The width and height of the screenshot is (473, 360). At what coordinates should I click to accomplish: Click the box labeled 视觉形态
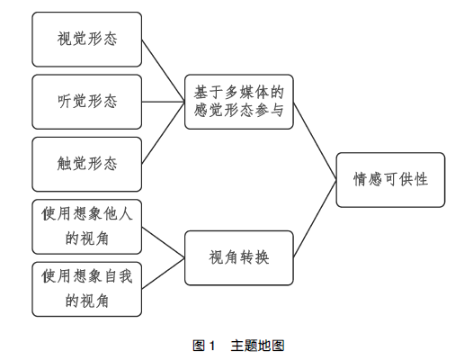click(87, 40)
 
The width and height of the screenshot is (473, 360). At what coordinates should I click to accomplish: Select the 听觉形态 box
click(87, 102)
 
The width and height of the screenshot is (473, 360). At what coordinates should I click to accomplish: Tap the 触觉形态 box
click(87, 165)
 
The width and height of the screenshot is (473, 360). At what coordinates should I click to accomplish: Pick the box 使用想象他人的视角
click(87, 227)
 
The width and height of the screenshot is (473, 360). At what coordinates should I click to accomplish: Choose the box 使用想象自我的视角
click(87, 289)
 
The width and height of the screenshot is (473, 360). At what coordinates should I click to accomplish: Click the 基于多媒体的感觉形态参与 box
click(239, 102)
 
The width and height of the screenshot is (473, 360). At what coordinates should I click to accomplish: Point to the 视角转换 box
click(239, 258)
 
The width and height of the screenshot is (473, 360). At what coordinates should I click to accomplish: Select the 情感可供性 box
click(390, 180)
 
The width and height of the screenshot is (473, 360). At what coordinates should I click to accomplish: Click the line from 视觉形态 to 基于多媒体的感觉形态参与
click(163, 71)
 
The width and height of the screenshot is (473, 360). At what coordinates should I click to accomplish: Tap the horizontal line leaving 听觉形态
click(163, 102)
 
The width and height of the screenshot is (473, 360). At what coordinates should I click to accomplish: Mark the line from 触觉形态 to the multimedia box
click(163, 133)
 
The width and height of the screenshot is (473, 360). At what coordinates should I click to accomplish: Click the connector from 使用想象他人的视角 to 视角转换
click(163, 242)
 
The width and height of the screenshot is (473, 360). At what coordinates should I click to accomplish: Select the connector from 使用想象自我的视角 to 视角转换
click(163, 274)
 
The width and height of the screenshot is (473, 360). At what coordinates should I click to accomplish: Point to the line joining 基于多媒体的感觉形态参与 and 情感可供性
click(315, 141)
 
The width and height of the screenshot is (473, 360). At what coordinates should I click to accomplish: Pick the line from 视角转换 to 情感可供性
click(315, 219)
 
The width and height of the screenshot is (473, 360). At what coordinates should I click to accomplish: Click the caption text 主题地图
click(257, 346)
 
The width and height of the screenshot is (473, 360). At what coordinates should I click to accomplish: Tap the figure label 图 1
click(204, 346)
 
